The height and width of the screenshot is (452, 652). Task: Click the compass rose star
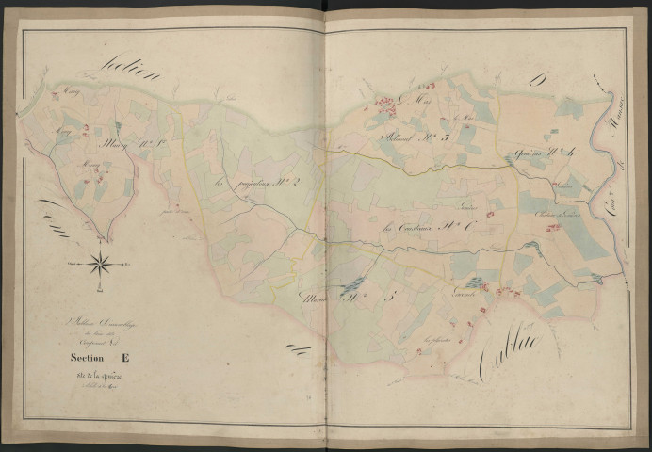[99, 263]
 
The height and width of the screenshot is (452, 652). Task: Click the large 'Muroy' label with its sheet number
[122, 146]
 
